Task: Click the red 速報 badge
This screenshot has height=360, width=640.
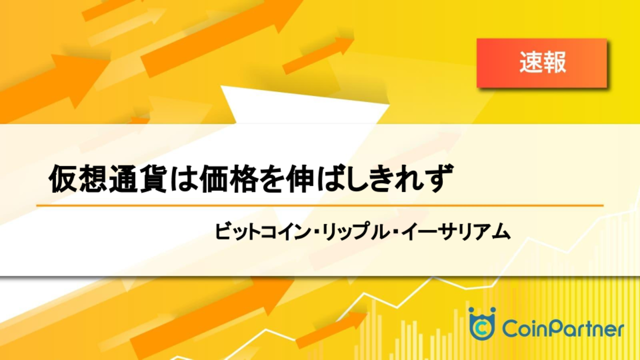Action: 542,63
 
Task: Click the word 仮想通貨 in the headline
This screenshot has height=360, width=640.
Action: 108,179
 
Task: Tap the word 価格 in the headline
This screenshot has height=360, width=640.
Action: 228,179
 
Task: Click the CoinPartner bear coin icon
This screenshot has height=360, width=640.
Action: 482,324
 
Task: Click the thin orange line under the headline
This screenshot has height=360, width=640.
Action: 320,205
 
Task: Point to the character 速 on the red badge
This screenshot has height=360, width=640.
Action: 531,62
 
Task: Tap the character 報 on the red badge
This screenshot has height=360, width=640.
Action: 555,62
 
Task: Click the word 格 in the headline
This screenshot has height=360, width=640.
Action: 242,179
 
